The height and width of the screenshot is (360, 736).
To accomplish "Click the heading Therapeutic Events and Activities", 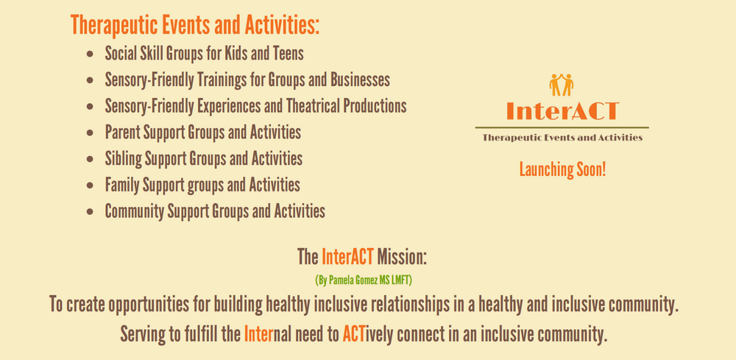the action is [195, 25].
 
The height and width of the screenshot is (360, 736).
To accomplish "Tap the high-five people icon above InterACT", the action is [562, 85].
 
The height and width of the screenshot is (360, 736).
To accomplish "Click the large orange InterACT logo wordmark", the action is [562, 110].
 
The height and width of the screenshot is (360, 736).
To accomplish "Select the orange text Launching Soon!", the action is [562, 169].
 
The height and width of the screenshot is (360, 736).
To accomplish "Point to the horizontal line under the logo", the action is [562, 127].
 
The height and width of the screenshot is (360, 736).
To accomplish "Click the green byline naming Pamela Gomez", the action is [364, 280].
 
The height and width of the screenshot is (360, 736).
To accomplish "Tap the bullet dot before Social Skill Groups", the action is [90, 54].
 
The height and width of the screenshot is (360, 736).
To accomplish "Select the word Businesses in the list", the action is [360, 80].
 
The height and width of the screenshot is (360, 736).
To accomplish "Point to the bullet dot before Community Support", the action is [90, 212].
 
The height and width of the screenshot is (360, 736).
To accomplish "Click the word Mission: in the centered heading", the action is [403, 257].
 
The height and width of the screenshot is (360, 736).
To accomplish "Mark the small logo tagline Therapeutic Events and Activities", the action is [562, 138].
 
